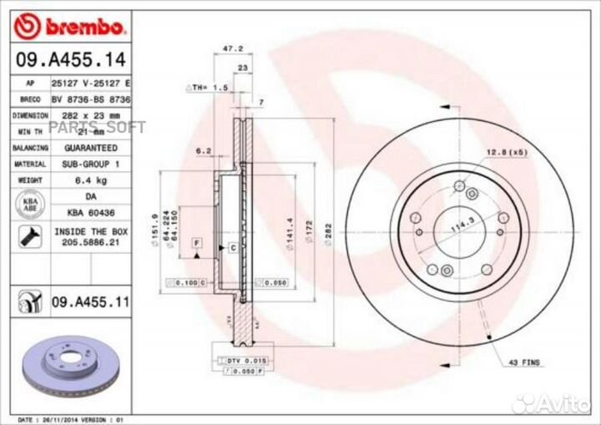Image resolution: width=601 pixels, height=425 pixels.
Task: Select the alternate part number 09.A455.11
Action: click(89, 301)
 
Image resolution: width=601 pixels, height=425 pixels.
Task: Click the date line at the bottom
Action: click(70, 418)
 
